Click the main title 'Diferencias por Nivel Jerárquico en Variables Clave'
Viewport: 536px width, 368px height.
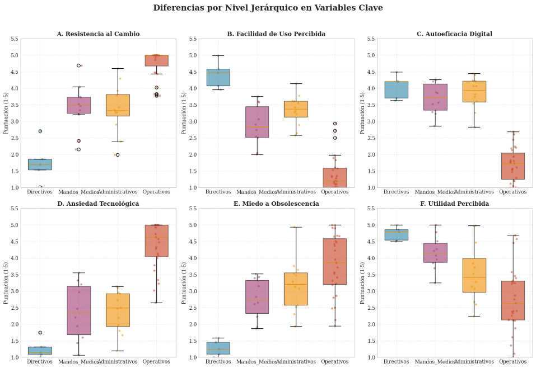coord(268,8)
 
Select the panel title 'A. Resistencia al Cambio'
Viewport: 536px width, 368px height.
coord(98,34)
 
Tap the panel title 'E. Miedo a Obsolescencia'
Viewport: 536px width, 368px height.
coord(276,204)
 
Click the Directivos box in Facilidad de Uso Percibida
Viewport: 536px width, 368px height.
coord(218,77)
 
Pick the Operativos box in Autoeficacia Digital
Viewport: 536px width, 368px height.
coord(512,166)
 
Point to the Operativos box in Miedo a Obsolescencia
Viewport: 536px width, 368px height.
coord(335,262)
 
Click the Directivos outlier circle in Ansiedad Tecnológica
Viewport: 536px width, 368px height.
coord(40,333)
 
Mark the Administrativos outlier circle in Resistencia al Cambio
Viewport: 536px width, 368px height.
coord(118,155)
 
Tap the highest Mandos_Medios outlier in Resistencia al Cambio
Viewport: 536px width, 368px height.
coord(79,65)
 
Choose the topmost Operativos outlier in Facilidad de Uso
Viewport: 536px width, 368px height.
coord(335,124)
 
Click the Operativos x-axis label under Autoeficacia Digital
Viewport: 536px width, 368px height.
coord(512,192)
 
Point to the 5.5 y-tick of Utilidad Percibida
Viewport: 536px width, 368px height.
coord(372,209)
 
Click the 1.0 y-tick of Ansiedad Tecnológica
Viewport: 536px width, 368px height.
coord(15,357)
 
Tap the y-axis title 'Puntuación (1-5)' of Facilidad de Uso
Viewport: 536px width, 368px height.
coord(184,113)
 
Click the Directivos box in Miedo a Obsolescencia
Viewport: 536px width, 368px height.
coord(218,348)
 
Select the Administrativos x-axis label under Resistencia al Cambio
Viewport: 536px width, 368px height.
coord(118,192)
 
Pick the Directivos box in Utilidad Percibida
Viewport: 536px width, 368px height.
coord(397,234)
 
